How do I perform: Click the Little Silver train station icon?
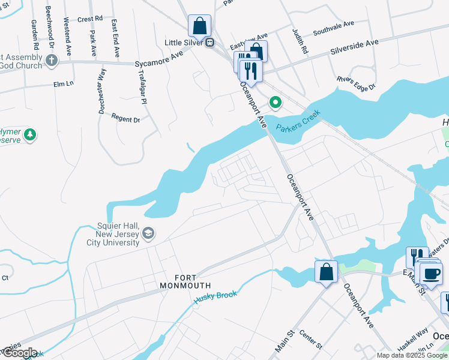click(x=210, y=43)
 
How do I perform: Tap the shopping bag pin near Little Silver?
click(x=199, y=26)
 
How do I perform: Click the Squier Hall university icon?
click(x=149, y=233)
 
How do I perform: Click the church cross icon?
click(x=52, y=61)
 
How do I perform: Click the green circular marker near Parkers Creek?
click(x=276, y=103)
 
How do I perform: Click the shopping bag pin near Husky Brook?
click(x=326, y=272)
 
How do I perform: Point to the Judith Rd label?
click(x=300, y=41)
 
